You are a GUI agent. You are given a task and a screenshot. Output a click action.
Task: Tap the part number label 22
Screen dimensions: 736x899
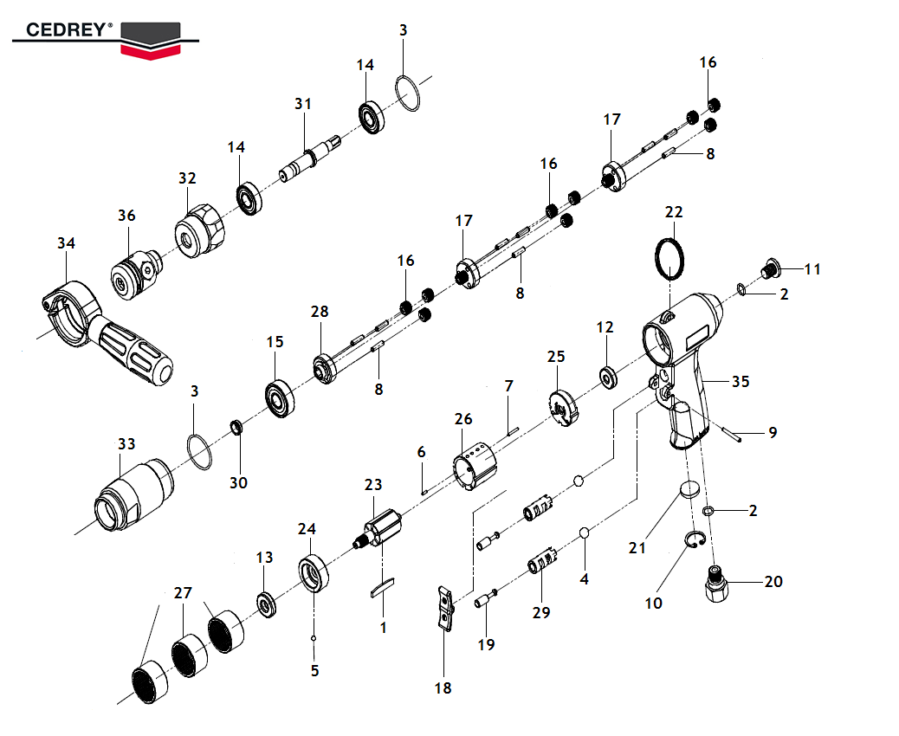pos(674,213)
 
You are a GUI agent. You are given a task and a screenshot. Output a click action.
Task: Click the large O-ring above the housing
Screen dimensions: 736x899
pos(669,258)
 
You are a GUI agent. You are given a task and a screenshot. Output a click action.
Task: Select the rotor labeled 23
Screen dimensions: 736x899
pos(382,528)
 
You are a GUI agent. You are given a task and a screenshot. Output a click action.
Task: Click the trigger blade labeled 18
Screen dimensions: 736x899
pos(444,607)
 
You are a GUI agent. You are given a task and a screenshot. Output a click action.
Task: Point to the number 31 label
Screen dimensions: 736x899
pos(302,104)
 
